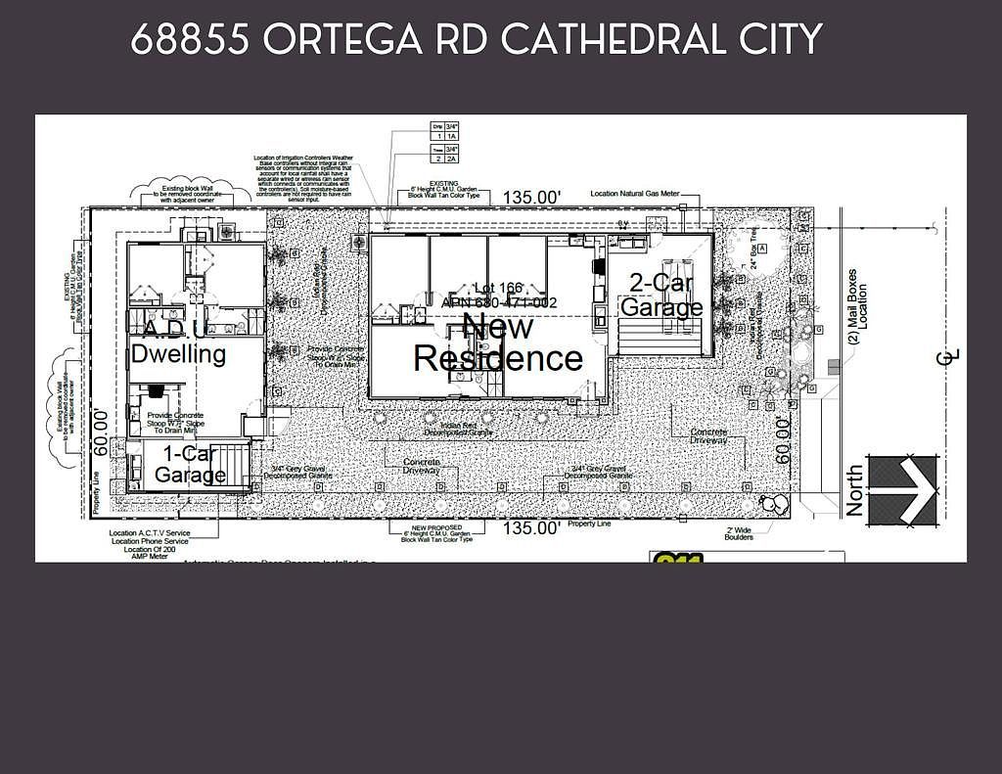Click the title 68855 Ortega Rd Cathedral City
(x=476, y=40)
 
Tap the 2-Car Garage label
(x=661, y=295)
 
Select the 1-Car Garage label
(x=190, y=465)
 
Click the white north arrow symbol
(x=903, y=489)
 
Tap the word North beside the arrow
(x=854, y=490)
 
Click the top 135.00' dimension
(x=532, y=198)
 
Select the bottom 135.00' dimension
(x=532, y=528)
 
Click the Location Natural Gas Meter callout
(x=635, y=194)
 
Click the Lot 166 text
(x=498, y=288)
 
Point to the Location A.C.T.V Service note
(x=150, y=533)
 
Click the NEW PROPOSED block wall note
(x=437, y=532)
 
